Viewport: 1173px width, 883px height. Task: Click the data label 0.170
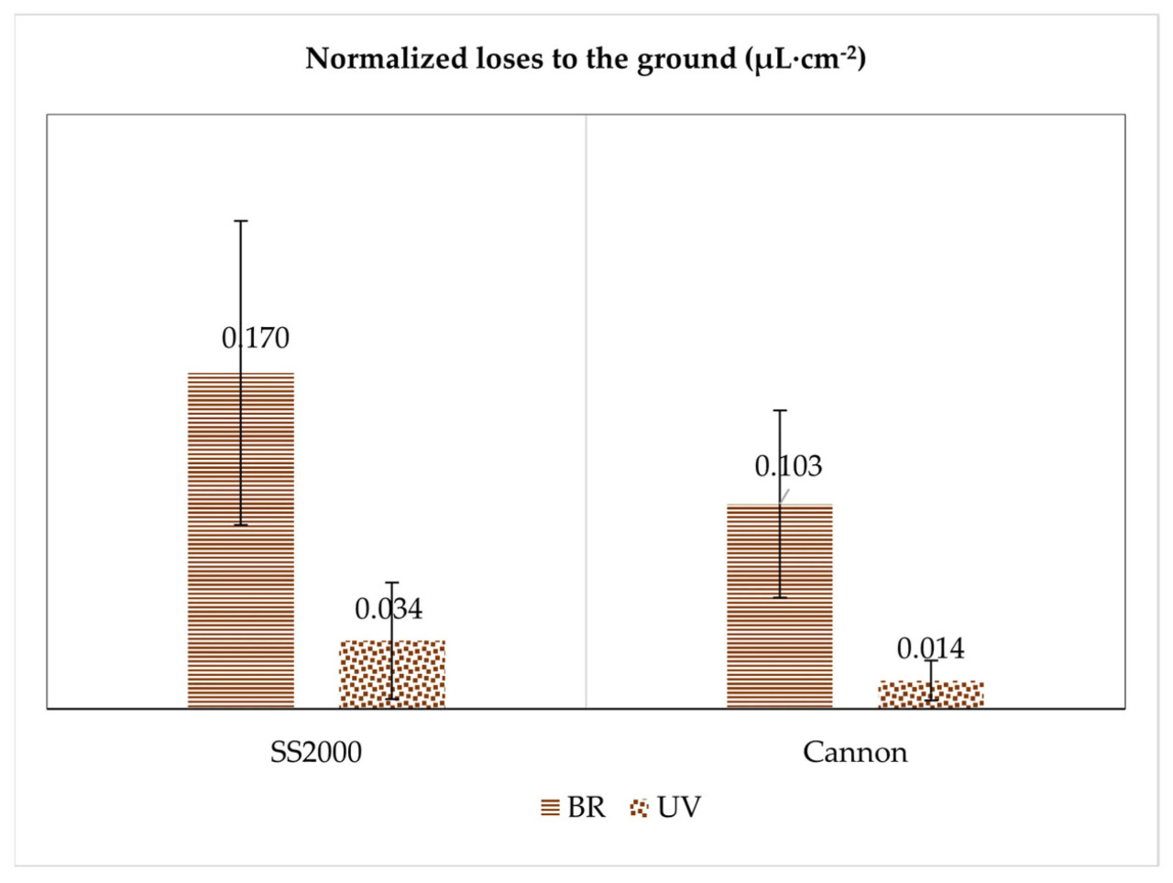[x=256, y=338]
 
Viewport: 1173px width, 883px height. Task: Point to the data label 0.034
[x=389, y=609]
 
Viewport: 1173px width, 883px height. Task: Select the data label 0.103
[x=788, y=466]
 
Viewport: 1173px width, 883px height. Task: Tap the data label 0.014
[x=930, y=649]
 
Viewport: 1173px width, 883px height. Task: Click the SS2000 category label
[x=315, y=752]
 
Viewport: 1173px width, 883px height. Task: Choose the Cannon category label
[x=855, y=752]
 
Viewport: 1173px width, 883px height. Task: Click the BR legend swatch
[x=550, y=808]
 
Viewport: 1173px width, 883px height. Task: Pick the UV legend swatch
[x=639, y=808]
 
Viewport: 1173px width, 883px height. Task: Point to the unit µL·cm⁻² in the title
[x=805, y=59]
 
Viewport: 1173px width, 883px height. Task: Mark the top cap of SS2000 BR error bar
[x=241, y=221]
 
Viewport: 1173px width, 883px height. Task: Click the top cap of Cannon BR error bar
[x=780, y=410]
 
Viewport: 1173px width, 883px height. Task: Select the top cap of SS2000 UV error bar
[x=392, y=583]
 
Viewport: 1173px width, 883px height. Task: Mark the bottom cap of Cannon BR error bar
[x=780, y=597]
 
